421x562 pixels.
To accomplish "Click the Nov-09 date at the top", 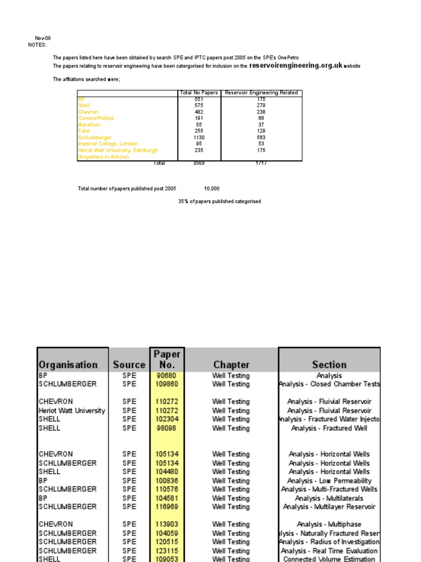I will pos(43,38).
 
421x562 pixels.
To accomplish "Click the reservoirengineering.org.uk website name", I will pos(295,65).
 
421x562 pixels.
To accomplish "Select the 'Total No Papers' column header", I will pos(198,93).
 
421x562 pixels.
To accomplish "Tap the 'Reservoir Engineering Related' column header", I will pos(261,93).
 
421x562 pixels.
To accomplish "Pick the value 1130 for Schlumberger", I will pos(198,137).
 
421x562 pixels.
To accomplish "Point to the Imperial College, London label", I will pos(108,144).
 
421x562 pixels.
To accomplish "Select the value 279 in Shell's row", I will pos(261,105).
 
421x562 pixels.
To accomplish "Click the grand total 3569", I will pos(198,163).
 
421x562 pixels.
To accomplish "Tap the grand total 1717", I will pos(261,163).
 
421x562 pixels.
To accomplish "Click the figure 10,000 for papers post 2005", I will pos(212,189).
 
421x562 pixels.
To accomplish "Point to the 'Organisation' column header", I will pos(68,364).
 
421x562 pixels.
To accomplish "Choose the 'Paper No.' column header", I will pos(167,359).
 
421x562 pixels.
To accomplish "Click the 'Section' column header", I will pos(329,364).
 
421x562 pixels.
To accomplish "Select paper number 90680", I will pos(167,376).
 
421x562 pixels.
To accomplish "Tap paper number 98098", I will pos(167,428).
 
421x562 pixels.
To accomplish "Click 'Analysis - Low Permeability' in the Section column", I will pos(329,481).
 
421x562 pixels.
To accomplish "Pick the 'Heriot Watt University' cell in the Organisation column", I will pos(72,411).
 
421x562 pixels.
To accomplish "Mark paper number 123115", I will pos(167,550).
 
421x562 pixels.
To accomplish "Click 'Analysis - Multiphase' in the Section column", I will pos(329,524).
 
